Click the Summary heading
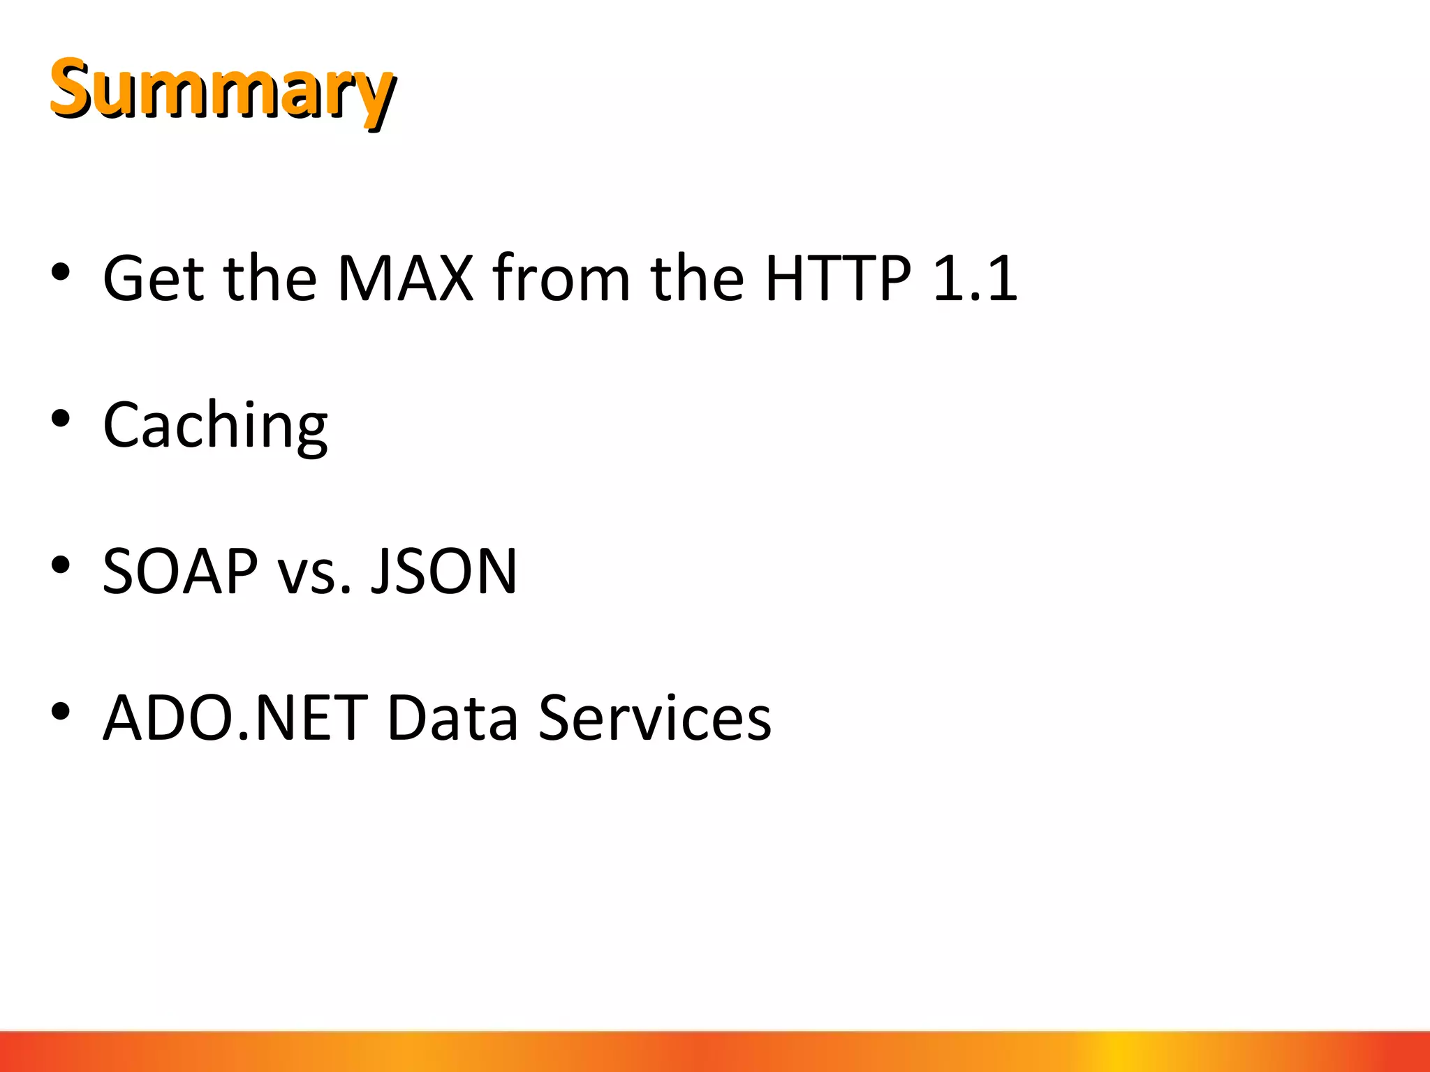(222, 89)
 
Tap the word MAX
(405, 279)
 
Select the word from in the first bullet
(561, 279)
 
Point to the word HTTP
(838, 279)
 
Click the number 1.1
(975, 279)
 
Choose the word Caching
(215, 426)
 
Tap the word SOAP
(180, 572)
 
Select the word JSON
(444, 572)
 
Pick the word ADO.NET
(235, 719)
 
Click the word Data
(452, 719)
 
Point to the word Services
(655, 719)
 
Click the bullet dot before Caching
(61, 418)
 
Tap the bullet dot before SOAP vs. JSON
(61, 565)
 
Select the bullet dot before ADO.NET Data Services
(61, 711)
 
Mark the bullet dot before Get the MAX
(61, 271)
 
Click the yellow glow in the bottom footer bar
(1117, 1052)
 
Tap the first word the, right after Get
(270, 279)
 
